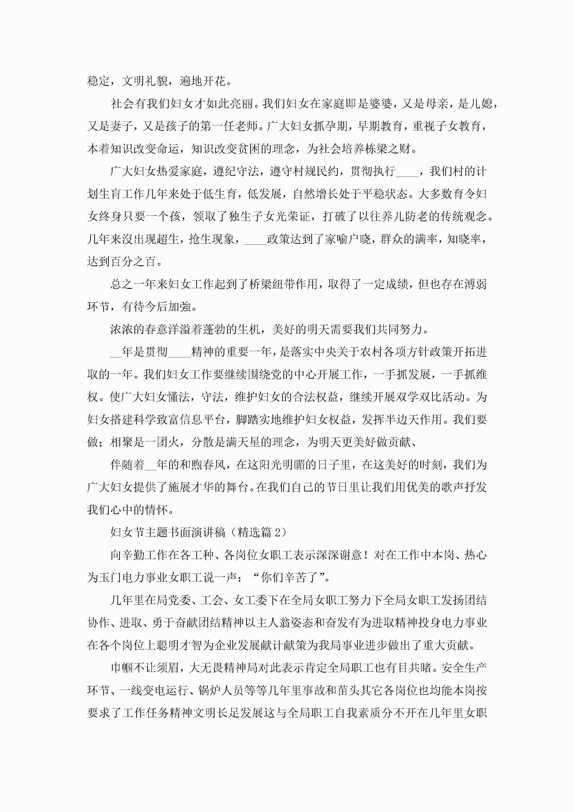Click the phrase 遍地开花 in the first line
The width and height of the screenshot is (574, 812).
tap(202, 81)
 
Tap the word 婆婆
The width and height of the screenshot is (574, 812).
tap(381, 104)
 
